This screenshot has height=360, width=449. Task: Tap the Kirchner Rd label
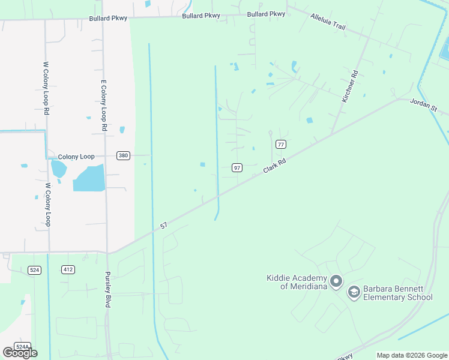pos(351,86)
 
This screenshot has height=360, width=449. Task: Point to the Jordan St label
pos(425,104)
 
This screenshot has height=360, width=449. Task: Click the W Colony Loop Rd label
pos(46,88)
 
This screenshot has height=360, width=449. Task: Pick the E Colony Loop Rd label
pos(104,106)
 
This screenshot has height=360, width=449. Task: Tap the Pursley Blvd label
pos(108,289)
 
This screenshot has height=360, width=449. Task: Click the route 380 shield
pos(123,155)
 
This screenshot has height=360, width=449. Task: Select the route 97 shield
pos(237,168)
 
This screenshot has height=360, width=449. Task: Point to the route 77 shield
pos(280,144)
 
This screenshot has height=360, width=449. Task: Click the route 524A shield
pos(22,347)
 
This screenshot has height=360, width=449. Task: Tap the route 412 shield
pos(68,270)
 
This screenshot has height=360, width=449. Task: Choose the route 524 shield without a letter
pos(34,270)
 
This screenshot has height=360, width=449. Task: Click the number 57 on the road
pos(163,226)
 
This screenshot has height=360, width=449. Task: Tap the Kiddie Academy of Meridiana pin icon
pos(336,281)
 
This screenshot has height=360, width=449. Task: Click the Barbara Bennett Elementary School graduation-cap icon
pos(354,291)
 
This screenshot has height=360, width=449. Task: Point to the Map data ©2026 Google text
pos(412,355)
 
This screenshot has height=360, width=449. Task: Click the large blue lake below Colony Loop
pos(89,179)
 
